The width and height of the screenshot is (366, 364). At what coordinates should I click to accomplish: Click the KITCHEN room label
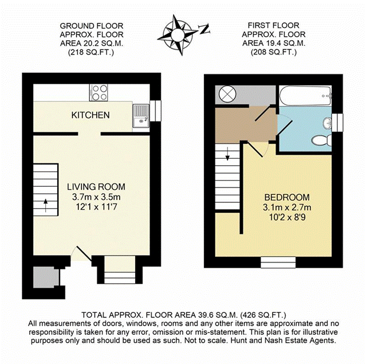coord(90,115)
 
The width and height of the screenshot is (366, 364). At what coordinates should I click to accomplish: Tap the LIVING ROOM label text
coord(96,187)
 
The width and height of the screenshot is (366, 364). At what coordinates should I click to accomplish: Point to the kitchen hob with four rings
coord(99,92)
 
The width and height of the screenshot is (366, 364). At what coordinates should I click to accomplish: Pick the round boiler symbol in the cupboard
coord(225,94)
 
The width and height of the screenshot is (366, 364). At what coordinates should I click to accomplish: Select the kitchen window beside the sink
coord(154,109)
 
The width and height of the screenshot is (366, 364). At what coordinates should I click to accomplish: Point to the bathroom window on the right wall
coord(337,122)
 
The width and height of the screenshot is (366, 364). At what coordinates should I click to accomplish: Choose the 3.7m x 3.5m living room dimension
coord(96,197)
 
